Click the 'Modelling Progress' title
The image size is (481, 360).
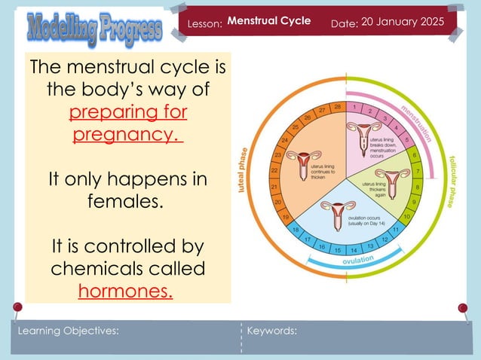[94, 29]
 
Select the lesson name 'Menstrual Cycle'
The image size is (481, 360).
[269, 21]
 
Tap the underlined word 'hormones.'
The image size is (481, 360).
[126, 289]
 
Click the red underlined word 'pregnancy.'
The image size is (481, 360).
[127, 136]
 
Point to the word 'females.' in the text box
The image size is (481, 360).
[127, 202]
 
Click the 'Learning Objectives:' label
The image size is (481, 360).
[69, 331]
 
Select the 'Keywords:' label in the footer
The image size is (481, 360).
[272, 331]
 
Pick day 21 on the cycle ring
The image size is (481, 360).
[274, 186]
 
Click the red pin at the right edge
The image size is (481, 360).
[463, 308]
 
